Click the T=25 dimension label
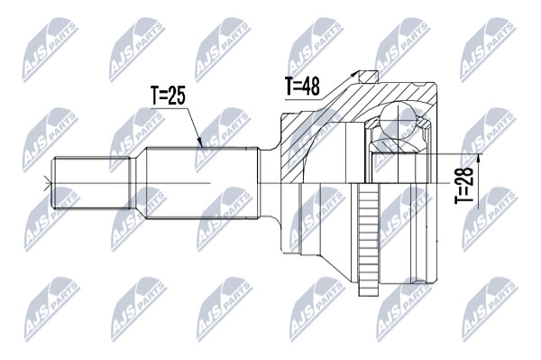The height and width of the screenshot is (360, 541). [168, 96]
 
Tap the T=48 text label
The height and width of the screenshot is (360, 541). [302, 86]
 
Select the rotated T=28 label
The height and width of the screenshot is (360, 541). [463, 185]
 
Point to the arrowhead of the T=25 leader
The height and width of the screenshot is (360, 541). [200, 143]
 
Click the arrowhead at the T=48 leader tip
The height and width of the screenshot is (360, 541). [353, 74]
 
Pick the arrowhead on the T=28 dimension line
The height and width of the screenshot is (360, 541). [478, 159]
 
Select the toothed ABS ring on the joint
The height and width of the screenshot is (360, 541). [369, 239]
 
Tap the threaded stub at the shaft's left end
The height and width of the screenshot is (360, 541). [90, 183]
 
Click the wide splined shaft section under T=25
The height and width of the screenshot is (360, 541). [203, 183]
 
